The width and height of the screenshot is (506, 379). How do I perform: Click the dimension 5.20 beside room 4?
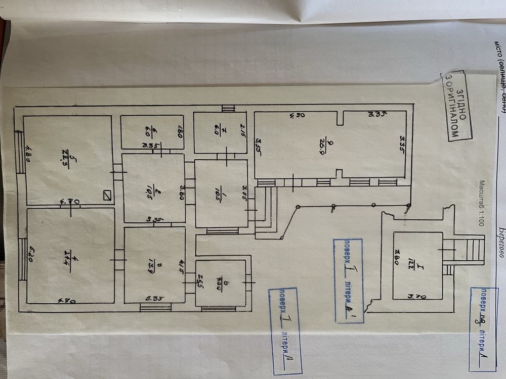click(x=31, y=251)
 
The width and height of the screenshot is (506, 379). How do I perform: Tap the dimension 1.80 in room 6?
click(x=179, y=135)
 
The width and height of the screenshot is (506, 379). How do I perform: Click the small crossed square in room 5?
click(x=107, y=195)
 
